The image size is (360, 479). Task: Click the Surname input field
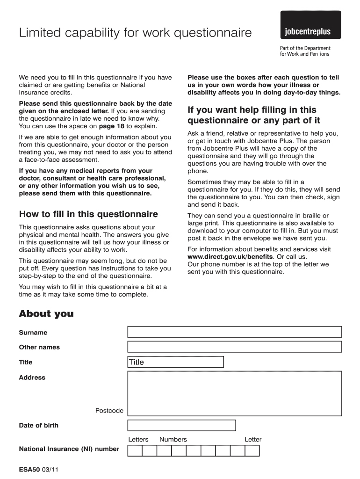pos(235,332)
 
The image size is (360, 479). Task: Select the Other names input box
pos(235,347)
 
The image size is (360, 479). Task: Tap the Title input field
pos(176,362)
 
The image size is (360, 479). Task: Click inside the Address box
pos(235,393)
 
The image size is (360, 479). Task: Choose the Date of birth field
pos(181,425)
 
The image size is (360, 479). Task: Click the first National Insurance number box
pos(135,451)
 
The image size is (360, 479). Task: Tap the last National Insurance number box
pos(252,451)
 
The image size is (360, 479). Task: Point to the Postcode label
pos(109,411)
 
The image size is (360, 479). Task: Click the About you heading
pos(46,314)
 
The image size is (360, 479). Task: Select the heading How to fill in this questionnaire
pos(88,214)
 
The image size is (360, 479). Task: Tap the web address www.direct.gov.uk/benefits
pos(230,257)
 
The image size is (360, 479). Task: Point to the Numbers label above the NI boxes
pos(173,439)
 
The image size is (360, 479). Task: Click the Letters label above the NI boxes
pos(138,439)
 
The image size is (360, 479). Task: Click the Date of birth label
pos(38,425)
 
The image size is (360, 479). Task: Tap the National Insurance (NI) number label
pos(69,449)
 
